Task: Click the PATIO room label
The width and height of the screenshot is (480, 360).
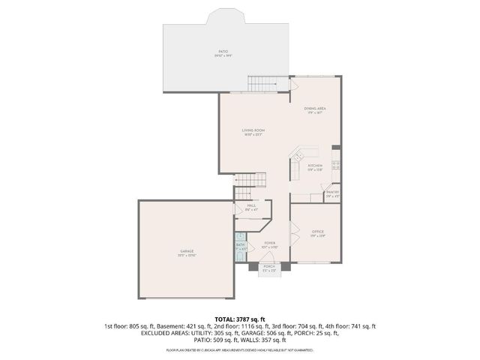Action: pos(223,51)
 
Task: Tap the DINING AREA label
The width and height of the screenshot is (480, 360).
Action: pos(315,109)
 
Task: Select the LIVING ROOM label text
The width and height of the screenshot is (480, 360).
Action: pos(253,130)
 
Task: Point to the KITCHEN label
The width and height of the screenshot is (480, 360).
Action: pos(315,165)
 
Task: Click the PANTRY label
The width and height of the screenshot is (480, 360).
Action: pos(332,192)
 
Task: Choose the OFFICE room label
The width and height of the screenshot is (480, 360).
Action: pos(317,232)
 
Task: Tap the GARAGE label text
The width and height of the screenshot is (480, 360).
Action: pos(187,251)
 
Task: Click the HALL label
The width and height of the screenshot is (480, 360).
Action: pos(251,205)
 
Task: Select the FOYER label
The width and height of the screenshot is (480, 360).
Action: pos(269,243)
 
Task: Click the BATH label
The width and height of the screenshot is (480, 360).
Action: pos(241,244)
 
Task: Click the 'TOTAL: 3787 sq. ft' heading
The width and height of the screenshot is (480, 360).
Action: pos(240,319)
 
